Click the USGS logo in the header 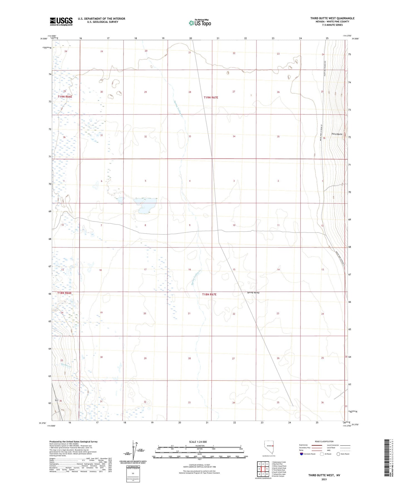[x=61, y=21]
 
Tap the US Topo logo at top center [x=200, y=23]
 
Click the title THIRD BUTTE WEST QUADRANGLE [x=332, y=18]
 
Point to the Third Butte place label [x=337, y=134]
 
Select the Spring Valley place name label [x=253, y=292]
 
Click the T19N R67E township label [x=211, y=97]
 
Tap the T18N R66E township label [x=65, y=293]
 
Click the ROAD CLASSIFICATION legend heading [x=324, y=441]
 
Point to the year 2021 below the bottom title [x=324, y=479]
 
